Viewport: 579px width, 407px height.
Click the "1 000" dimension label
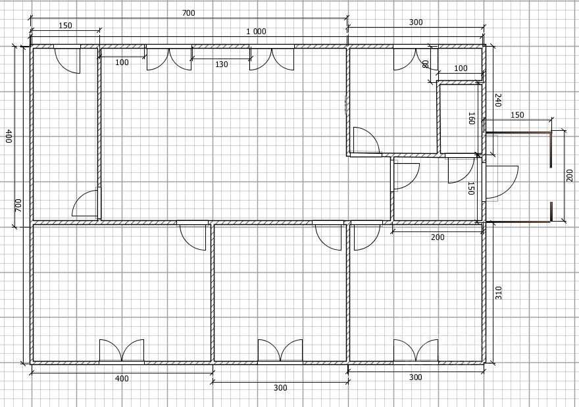(x=256, y=32)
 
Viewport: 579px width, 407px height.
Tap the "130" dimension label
(x=221, y=64)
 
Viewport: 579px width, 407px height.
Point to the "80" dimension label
(x=425, y=64)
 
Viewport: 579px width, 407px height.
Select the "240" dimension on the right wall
(x=498, y=101)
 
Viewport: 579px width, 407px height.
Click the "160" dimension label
(x=471, y=118)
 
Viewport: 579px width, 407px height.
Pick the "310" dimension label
(x=498, y=293)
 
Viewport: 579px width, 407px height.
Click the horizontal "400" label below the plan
(x=122, y=379)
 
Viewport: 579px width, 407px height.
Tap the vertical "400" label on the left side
(x=9, y=136)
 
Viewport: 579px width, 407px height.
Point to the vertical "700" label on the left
(x=18, y=204)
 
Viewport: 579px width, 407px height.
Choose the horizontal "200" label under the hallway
(x=437, y=237)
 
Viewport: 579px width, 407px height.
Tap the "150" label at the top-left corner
(x=65, y=26)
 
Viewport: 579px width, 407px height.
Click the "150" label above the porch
(x=517, y=115)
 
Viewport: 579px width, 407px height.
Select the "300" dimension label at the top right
(x=416, y=22)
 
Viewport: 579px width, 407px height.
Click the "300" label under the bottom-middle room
(x=280, y=388)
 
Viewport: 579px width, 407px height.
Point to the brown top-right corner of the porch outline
(x=550, y=135)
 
